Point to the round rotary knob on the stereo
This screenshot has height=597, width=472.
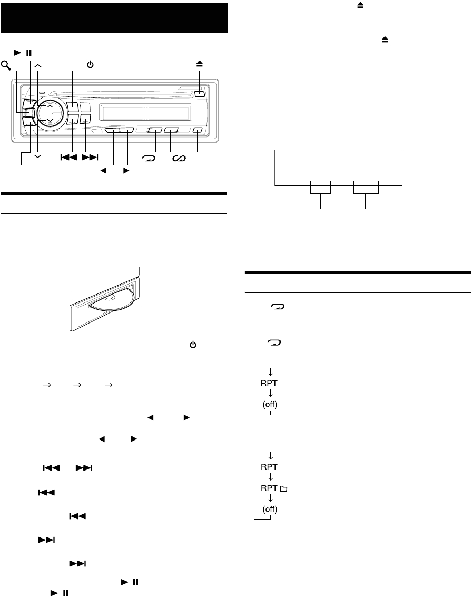click(x=49, y=113)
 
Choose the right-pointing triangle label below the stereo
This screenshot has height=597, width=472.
click(x=125, y=171)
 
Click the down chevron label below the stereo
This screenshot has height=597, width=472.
click(x=37, y=157)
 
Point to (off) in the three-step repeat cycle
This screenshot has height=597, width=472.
click(x=270, y=510)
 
